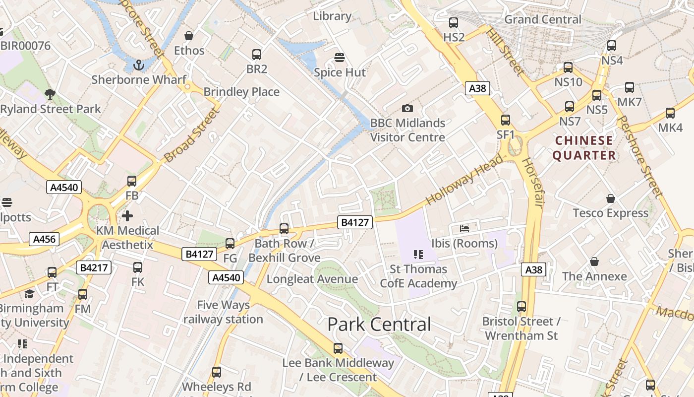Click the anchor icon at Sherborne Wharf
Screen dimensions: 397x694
tap(139, 65)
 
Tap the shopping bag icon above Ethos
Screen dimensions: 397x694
tap(189, 36)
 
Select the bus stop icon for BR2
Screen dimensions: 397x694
tap(257, 55)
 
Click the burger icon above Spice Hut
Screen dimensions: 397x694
tap(340, 58)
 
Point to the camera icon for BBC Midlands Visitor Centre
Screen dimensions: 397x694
tap(407, 108)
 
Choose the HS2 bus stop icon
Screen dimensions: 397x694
tap(454, 22)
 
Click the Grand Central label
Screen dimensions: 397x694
tap(543, 19)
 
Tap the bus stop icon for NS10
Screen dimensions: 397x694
tap(568, 67)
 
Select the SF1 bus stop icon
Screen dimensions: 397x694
tap(506, 120)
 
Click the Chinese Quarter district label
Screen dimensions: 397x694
tap(584, 148)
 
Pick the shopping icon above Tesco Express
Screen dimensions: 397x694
tap(611, 198)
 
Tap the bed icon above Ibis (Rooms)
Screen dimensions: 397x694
tap(464, 228)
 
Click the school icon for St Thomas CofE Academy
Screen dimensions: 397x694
tap(418, 255)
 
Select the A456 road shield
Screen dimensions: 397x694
tap(44, 239)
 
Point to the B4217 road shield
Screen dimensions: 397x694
tap(94, 268)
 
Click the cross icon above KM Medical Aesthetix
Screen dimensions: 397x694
tap(127, 216)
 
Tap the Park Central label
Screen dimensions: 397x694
tap(379, 325)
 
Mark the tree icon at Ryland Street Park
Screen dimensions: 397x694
tap(50, 94)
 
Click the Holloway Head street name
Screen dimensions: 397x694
tap(464, 180)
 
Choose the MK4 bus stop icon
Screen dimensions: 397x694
tap(670, 113)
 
